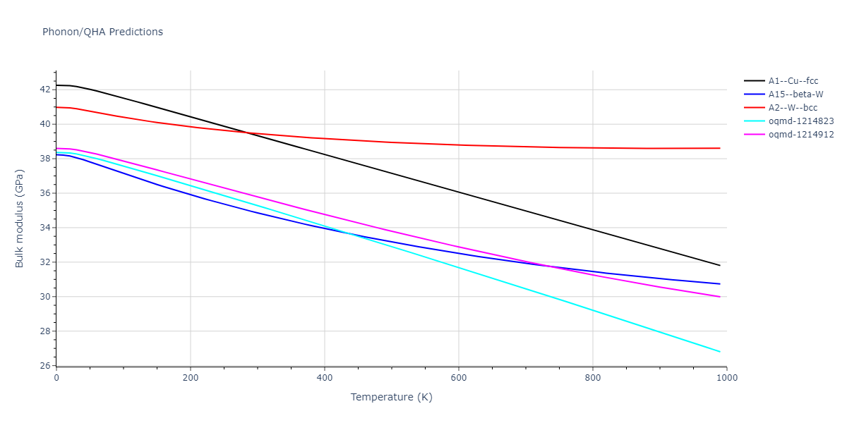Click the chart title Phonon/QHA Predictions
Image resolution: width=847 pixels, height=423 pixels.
[x=102, y=32]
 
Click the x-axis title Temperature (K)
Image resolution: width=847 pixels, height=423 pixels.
[x=391, y=397]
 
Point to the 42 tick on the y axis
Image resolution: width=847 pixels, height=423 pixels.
[x=44, y=90]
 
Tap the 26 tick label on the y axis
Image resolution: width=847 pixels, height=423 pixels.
[x=44, y=366]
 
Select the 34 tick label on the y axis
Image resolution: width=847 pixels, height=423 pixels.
[x=44, y=228]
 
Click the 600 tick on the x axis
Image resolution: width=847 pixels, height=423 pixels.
[x=459, y=378]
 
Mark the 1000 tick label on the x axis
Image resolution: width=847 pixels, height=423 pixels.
[x=727, y=378]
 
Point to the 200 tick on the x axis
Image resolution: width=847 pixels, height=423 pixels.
[x=191, y=378]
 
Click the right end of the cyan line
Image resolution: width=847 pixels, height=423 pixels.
[x=720, y=352]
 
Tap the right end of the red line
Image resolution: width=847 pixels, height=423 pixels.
[x=720, y=148]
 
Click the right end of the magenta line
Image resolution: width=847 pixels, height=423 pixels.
[x=720, y=297]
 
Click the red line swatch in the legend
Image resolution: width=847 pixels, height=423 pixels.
[x=755, y=108]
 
